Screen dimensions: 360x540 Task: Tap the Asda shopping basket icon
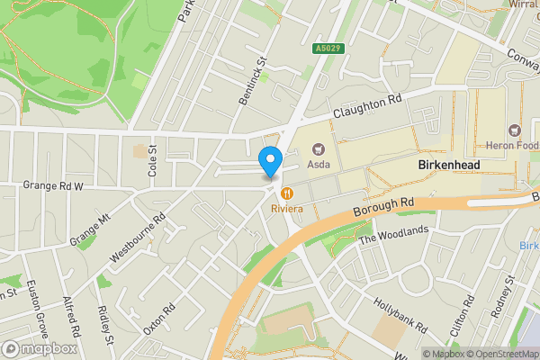[x=317, y=149]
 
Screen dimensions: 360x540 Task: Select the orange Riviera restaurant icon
[x=287, y=193]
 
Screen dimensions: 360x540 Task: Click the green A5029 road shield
[x=328, y=48]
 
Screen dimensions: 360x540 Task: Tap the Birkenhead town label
[x=449, y=166]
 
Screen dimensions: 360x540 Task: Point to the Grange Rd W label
[x=53, y=186]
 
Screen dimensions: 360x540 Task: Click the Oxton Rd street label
[x=159, y=317]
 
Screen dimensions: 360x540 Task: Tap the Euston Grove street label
[x=35, y=305]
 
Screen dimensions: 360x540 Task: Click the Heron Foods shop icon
[x=516, y=130]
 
